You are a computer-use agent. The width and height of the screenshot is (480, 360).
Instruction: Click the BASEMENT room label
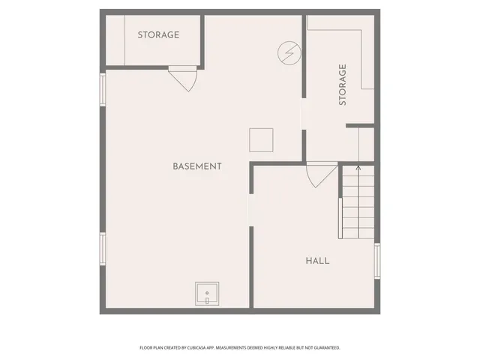pos(196,166)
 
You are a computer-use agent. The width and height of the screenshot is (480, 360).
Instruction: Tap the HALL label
pos(317,261)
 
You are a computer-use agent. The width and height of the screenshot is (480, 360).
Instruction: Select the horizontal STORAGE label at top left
pos(158,35)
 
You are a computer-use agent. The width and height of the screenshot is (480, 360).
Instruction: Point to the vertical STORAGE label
pos(343,84)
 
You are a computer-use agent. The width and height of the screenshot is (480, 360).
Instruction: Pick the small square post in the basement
pos(261,139)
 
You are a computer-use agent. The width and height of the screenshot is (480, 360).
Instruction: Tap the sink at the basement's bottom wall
pos(207,294)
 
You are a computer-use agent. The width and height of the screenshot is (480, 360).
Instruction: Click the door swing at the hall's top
pos(322,175)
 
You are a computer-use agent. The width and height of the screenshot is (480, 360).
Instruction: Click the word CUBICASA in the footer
pos(195,348)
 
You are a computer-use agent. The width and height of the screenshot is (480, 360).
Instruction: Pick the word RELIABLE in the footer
pos(289,348)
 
